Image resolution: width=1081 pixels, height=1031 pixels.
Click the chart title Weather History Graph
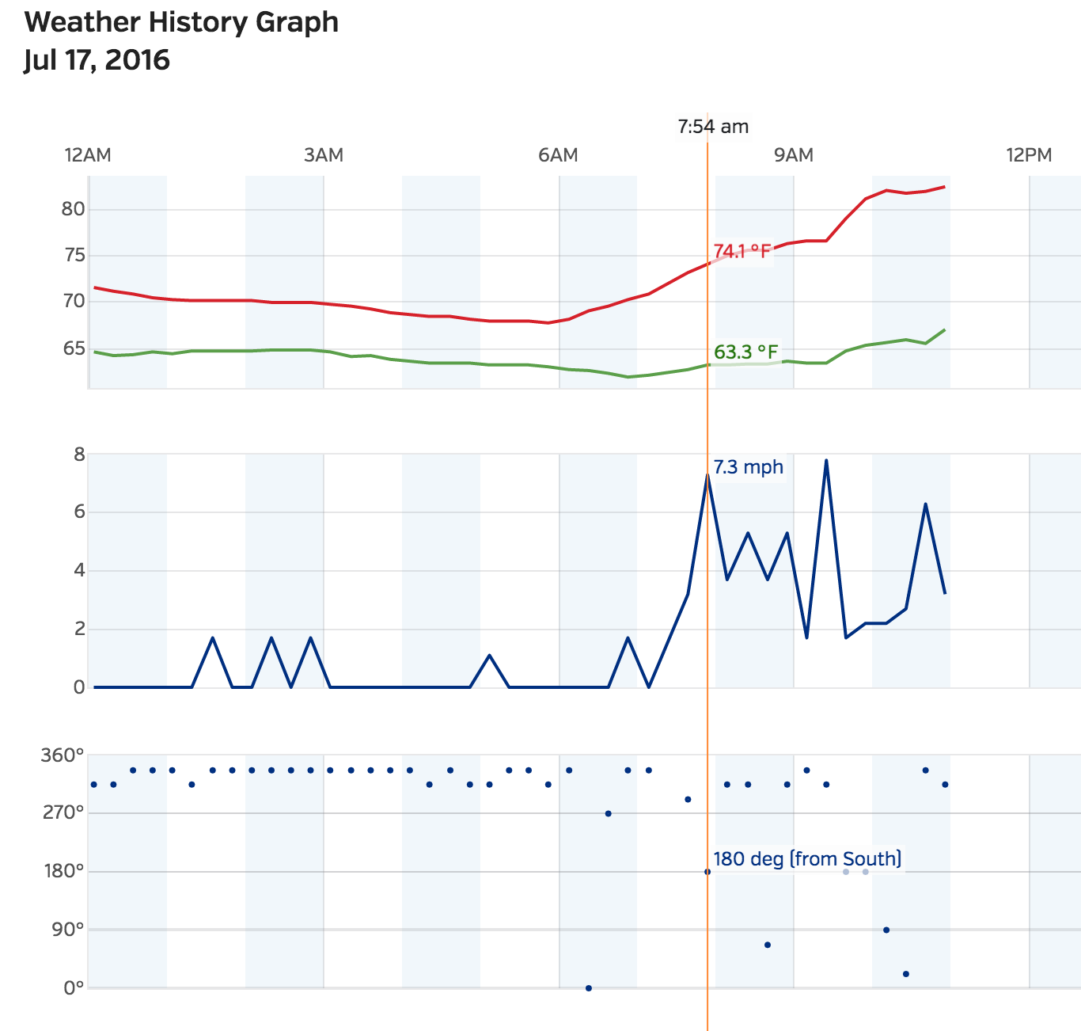(x=181, y=22)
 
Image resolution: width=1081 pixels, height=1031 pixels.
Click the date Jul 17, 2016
(x=97, y=60)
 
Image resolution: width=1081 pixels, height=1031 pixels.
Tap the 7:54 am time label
(x=713, y=127)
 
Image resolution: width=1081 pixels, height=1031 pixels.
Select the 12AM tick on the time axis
(x=88, y=154)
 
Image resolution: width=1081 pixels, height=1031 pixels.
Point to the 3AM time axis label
(x=324, y=154)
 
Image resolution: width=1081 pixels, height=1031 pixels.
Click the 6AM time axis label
(x=558, y=154)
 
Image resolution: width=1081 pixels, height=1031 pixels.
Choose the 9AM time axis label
(x=794, y=154)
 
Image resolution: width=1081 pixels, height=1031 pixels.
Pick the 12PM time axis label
(x=1029, y=154)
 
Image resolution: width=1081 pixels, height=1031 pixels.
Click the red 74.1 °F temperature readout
(x=742, y=252)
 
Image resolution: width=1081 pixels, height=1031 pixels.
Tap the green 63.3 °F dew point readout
(x=745, y=352)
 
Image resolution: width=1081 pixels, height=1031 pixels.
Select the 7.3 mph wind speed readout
(x=748, y=467)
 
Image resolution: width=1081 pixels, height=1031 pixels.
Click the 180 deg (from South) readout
(x=807, y=859)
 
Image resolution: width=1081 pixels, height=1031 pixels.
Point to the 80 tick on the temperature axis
(x=73, y=209)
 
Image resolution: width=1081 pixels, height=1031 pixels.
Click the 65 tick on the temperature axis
(x=73, y=348)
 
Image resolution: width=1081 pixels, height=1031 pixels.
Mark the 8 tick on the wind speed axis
(x=78, y=455)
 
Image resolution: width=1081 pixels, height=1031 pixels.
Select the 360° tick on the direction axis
(x=63, y=755)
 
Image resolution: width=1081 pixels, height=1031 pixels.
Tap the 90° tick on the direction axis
(x=68, y=930)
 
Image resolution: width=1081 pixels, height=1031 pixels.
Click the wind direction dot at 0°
(x=588, y=987)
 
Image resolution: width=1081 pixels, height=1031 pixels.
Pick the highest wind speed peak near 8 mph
(x=826, y=460)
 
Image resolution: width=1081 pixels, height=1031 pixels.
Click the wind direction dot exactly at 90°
(x=886, y=930)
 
